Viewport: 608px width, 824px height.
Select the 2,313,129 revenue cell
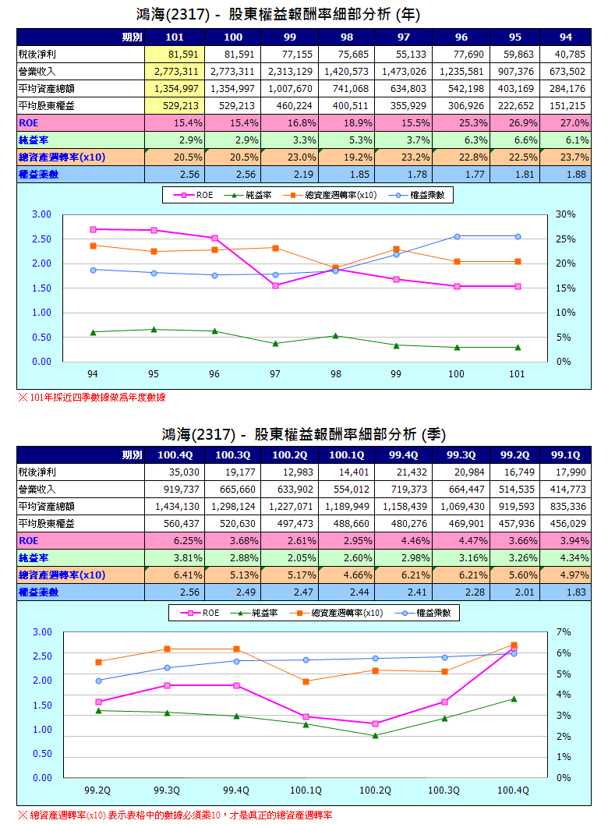(x=290, y=71)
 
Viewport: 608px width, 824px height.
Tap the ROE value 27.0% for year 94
(x=572, y=122)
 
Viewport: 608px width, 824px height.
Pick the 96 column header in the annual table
(x=461, y=37)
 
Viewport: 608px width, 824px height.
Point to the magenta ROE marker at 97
(x=275, y=285)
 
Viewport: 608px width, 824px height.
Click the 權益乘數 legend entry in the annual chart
(x=427, y=195)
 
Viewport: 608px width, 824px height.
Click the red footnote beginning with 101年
(x=92, y=398)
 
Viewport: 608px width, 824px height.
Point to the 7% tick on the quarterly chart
(x=564, y=631)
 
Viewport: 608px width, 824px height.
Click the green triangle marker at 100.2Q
(x=375, y=735)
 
